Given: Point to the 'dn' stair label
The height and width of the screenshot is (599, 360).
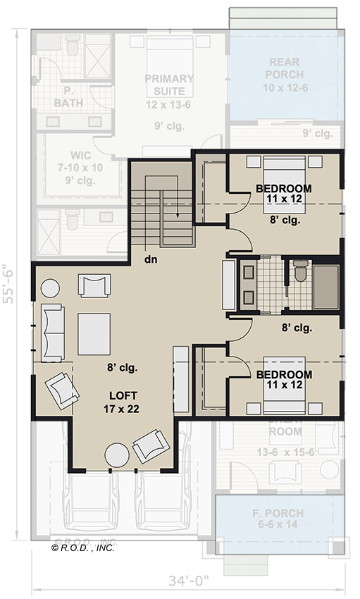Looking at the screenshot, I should [x=150, y=258].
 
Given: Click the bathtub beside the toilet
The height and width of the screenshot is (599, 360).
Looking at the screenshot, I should [x=325, y=288].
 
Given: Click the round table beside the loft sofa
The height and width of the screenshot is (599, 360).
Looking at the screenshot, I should [x=51, y=289].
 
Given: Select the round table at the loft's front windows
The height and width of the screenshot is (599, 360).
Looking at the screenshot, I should [x=116, y=456].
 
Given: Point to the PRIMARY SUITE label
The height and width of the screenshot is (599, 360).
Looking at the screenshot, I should [x=169, y=85].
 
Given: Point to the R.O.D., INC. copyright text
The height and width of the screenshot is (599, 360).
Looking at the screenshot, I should [x=83, y=547].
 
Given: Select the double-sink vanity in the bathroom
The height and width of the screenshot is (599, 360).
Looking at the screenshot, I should [x=248, y=285].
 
